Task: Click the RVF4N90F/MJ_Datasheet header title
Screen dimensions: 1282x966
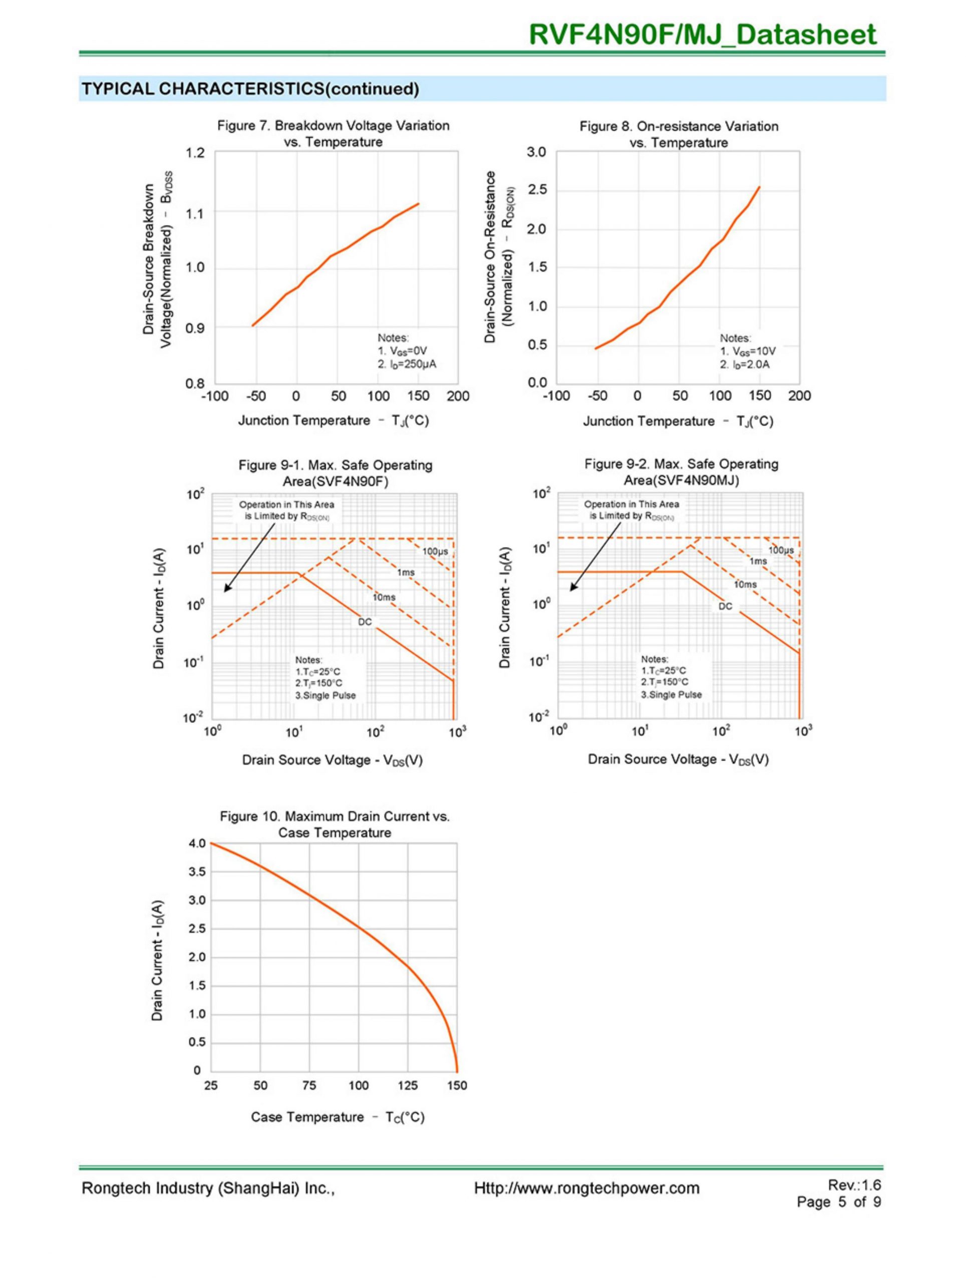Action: (702, 35)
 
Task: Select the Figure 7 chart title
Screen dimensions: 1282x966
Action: (333, 134)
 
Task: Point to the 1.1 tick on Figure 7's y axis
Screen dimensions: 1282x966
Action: (196, 214)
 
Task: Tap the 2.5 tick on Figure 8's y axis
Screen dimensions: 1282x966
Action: (537, 191)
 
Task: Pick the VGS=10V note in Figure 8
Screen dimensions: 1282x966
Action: (748, 351)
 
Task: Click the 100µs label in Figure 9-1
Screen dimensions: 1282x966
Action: (435, 551)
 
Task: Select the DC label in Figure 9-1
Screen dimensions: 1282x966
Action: (365, 622)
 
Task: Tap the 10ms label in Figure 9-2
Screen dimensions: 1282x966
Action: (745, 584)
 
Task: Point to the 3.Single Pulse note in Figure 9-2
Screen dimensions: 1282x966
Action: (671, 694)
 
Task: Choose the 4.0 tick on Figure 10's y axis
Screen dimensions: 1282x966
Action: (197, 843)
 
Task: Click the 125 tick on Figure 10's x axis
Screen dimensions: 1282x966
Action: (407, 1086)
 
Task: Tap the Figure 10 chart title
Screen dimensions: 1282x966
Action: (335, 824)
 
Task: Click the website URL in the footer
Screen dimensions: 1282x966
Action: (586, 1188)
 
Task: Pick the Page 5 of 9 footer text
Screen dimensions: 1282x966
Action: (838, 1202)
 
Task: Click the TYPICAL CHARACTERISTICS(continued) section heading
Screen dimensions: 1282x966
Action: (250, 89)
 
